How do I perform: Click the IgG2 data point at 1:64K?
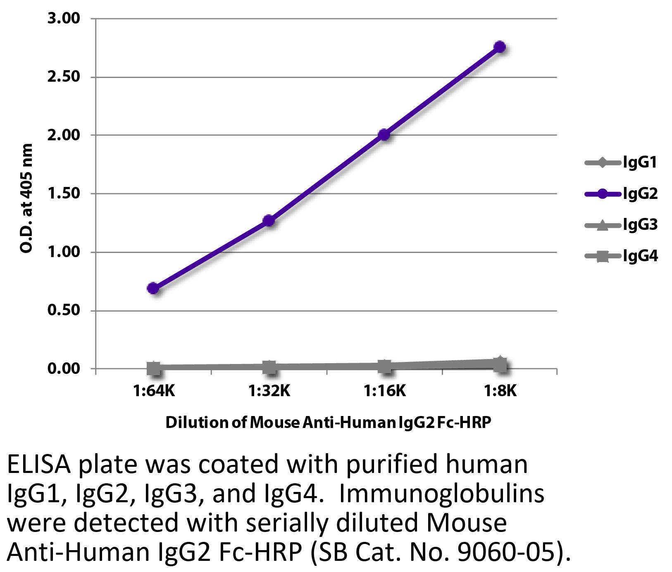tap(153, 288)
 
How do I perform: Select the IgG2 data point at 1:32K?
tap(269, 221)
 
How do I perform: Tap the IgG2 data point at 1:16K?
tap(384, 135)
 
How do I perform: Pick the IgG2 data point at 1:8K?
tap(500, 47)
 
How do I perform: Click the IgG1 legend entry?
tap(621, 163)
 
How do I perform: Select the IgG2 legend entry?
tap(621, 194)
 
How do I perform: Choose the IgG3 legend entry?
tap(621, 225)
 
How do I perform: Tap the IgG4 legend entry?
tap(621, 257)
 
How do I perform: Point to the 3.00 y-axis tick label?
tap(64, 19)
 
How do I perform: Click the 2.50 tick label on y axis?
tap(64, 77)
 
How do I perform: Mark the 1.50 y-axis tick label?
tap(64, 194)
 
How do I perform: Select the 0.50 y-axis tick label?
tap(64, 310)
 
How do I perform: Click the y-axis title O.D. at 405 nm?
tap(26, 198)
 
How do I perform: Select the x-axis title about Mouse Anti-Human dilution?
tap(328, 423)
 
